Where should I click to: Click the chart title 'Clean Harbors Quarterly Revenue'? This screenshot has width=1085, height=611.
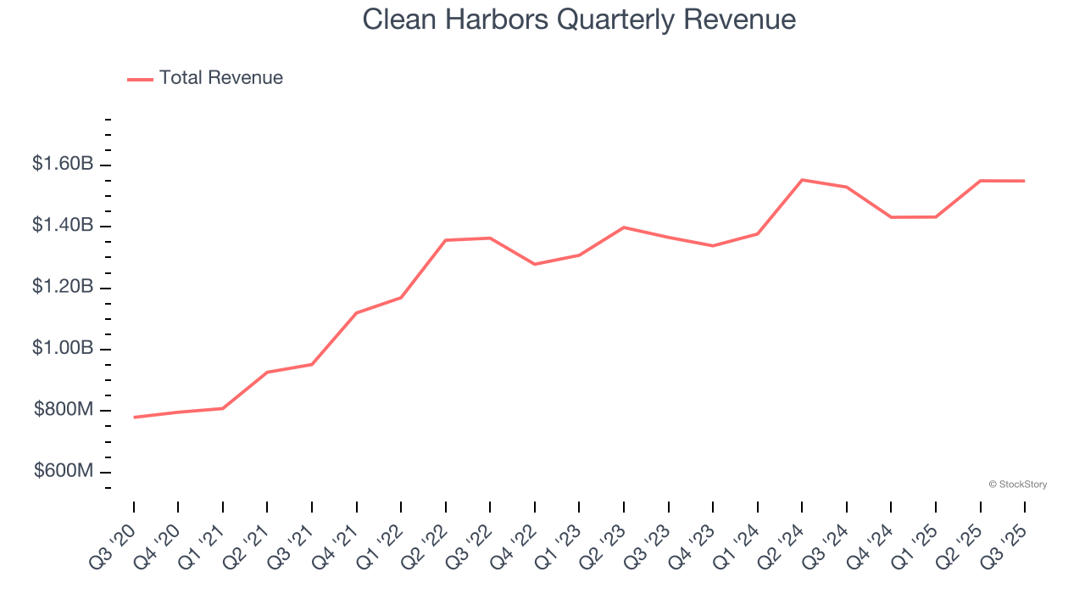(x=579, y=20)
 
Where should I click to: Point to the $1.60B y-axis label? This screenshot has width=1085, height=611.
(x=63, y=164)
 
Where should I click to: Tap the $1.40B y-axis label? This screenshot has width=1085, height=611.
(x=63, y=226)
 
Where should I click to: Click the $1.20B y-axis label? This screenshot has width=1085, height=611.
(x=63, y=288)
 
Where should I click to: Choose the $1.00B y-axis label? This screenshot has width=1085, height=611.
(x=63, y=349)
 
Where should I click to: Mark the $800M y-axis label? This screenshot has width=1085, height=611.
(x=64, y=411)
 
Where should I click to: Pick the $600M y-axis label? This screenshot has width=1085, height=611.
(x=64, y=472)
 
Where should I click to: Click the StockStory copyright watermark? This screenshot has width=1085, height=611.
(x=1017, y=485)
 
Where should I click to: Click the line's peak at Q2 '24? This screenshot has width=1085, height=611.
(x=802, y=180)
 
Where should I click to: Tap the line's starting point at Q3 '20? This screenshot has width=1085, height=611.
(x=134, y=418)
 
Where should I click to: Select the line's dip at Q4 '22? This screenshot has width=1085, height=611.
(x=535, y=264)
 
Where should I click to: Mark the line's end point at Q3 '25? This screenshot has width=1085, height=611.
(x=1025, y=181)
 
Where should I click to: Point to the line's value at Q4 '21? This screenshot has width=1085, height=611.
(x=357, y=313)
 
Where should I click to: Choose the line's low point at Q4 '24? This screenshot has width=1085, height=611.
(x=891, y=217)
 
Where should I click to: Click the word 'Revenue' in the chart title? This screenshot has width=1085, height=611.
(x=741, y=20)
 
